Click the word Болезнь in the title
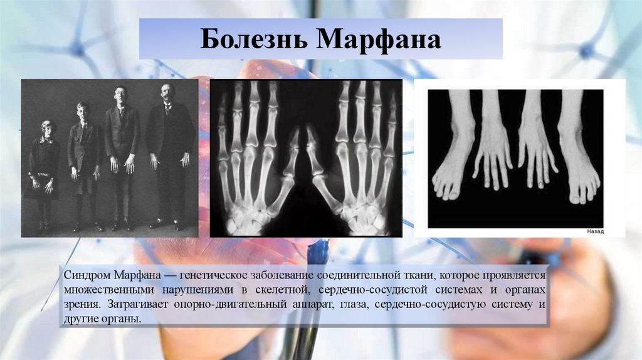point(253,40)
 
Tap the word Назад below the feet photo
point(595,231)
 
